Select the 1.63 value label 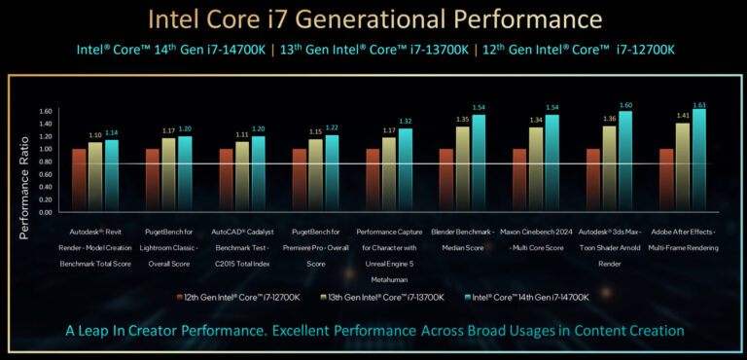[x=699, y=104]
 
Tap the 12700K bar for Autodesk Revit [x=79, y=180]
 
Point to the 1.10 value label [x=95, y=135]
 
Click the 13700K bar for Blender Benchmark [x=462, y=169]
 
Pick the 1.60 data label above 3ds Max [x=626, y=105]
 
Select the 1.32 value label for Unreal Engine [x=406, y=121]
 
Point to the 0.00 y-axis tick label [x=45, y=211]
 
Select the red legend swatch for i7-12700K [x=179, y=296]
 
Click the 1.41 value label [x=683, y=116]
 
